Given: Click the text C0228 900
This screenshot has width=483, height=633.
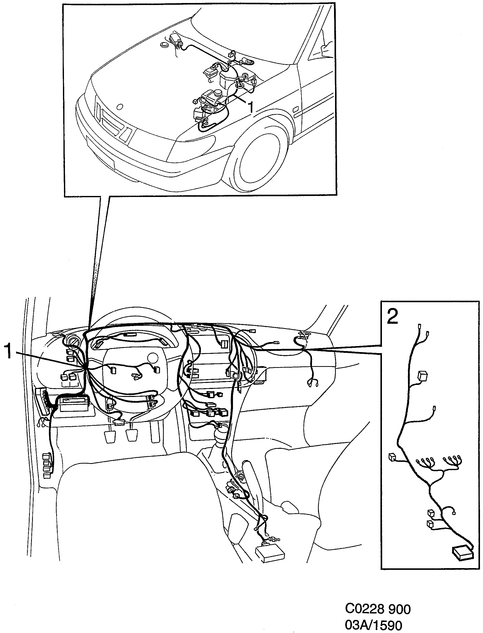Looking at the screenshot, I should [x=378, y=609].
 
